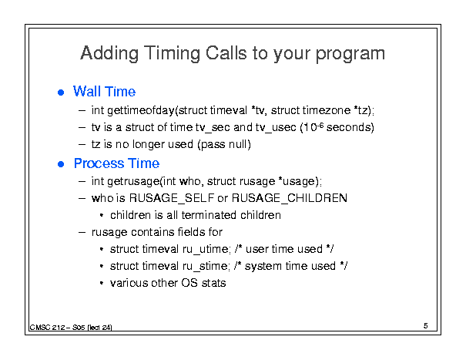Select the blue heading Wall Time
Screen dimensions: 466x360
coord(104,92)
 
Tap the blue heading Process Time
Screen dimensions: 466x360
coord(116,163)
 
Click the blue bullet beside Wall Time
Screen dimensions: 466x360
coord(61,93)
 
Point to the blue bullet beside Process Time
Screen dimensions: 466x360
coord(61,164)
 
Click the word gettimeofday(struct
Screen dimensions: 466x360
coord(157,111)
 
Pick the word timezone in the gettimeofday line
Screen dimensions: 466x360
coord(327,110)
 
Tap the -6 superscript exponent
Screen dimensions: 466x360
coord(320,125)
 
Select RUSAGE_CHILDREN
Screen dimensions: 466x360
coord(289,198)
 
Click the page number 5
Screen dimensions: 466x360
coord(426,326)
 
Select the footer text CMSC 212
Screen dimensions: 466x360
coord(47,328)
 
